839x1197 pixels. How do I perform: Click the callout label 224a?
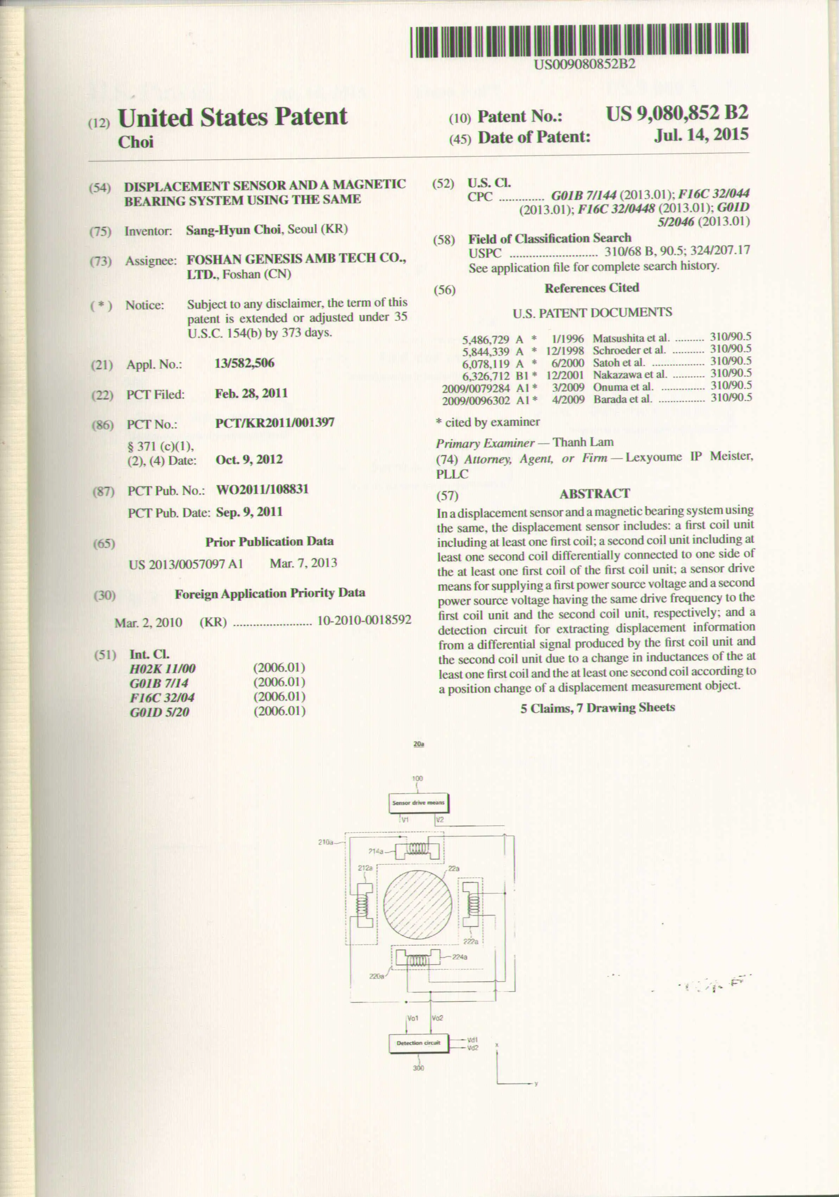pyautogui.click(x=460, y=957)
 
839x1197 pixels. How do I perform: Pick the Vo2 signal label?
pyautogui.click(x=437, y=1018)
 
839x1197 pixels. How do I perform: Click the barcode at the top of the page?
pyautogui.click(x=579, y=41)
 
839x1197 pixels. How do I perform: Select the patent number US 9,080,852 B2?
pyautogui.click(x=677, y=113)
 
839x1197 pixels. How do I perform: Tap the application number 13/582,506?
pyautogui.click(x=245, y=363)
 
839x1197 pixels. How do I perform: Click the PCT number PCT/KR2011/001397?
pyautogui.click(x=275, y=423)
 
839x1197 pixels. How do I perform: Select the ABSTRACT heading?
pyautogui.click(x=594, y=493)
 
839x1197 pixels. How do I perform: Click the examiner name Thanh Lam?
pyautogui.click(x=583, y=442)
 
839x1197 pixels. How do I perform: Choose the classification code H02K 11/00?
pyautogui.click(x=163, y=669)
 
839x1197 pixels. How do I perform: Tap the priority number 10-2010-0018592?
pyautogui.click(x=364, y=620)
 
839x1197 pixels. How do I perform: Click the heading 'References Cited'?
pyautogui.click(x=591, y=288)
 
